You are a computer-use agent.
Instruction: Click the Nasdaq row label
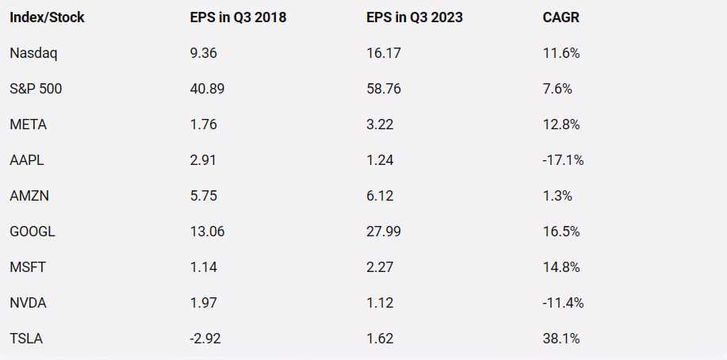tap(34, 53)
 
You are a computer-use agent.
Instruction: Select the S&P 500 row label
tap(36, 89)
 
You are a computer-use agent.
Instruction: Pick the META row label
tap(27, 124)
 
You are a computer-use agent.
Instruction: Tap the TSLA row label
tap(26, 339)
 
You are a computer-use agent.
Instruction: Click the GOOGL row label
tap(33, 232)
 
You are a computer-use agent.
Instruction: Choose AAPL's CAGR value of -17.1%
tap(563, 160)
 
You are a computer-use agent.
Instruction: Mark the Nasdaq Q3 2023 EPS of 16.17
tap(378, 53)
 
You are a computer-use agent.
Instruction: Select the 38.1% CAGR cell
tap(561, 339)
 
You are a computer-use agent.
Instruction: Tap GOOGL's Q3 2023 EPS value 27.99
tap(380, 232)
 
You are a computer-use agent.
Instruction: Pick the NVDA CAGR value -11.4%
tap(563, 303)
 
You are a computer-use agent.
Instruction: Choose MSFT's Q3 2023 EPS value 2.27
tap(376, 267)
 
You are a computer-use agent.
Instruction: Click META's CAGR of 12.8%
tap(561, 124)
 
